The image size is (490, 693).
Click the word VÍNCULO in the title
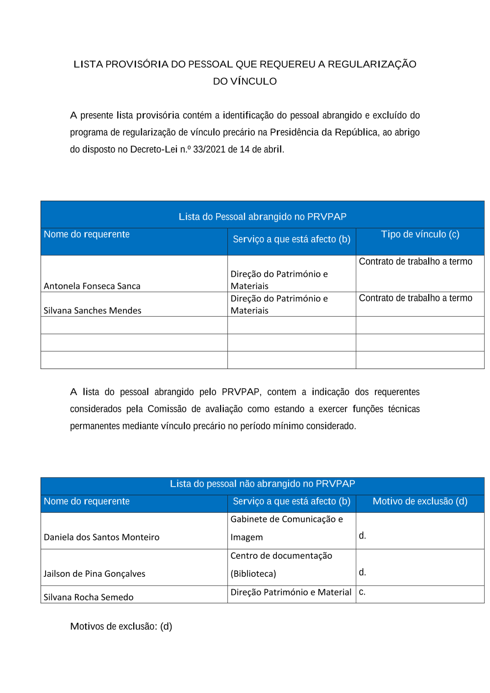[x=253, y=81]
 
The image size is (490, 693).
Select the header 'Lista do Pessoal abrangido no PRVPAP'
[x=262, y=217]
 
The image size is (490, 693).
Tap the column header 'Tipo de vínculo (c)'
[x=420, y=234]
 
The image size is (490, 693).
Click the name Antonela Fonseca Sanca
[x=92, y=286]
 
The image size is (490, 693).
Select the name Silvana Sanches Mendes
[x=93, y=311]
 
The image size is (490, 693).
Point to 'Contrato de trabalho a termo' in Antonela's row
[x=416, y=262]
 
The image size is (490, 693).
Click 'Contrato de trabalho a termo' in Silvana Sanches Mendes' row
[x=416, y=298]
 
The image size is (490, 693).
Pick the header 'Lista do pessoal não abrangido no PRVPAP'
[x=262, y=484]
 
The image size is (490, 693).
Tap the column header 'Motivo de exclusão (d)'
[x=420, y=501]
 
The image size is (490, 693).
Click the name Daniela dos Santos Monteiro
[x=101, y=537]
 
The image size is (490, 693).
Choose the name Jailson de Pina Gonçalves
[x=95, y=574]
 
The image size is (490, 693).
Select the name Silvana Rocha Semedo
[x=89, y=597]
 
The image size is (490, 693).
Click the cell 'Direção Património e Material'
[x=291, y=593]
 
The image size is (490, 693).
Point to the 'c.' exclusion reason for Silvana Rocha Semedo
[x=362, y=592]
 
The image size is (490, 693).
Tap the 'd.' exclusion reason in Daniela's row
[x=362, y=536]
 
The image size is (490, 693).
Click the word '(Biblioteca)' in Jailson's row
[x=253, y=574]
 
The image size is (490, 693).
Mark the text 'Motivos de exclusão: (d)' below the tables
[x=121, y=626]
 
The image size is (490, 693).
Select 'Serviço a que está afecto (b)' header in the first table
[x=292, y=239]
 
